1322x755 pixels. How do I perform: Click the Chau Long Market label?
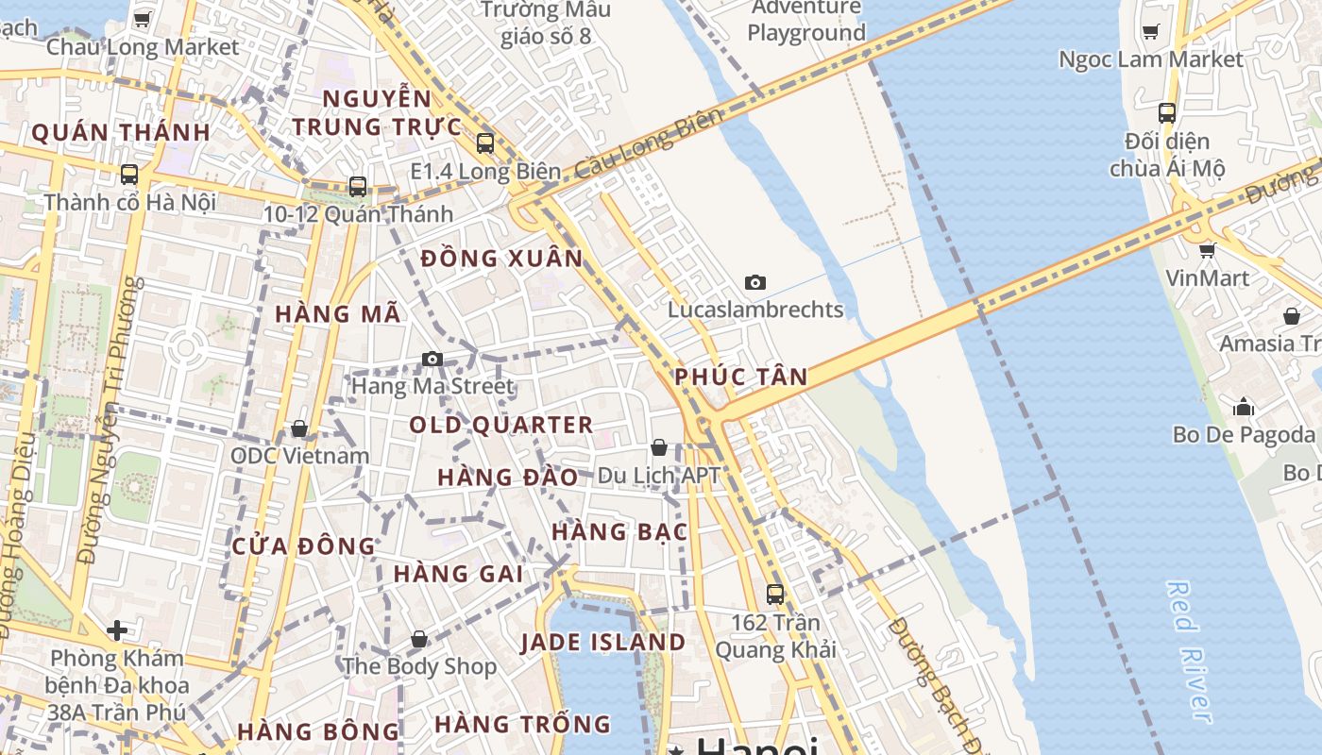pos(143,46)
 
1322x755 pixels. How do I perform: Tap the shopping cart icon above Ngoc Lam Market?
pos(1150,32)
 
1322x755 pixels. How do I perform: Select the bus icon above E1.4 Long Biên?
pos(485,143)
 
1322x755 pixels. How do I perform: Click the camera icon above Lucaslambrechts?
pos(754,282)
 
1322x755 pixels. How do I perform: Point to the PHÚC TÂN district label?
pos(741,377)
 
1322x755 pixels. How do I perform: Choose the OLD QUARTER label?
pos(501,426)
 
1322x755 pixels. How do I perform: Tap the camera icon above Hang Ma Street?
pos(432,359)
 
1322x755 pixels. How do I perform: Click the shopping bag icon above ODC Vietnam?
pos(299,429)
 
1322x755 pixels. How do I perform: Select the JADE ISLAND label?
pos(603,643)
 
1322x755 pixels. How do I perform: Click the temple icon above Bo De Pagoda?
pos(1244,407)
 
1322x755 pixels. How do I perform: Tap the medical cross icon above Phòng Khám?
pos(117,629)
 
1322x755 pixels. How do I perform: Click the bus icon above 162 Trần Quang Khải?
pos(775,595)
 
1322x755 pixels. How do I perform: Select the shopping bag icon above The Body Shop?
pos(419,639)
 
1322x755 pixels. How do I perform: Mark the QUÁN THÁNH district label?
pos(121,133)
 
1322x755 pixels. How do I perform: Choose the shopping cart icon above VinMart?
pos(1207,250)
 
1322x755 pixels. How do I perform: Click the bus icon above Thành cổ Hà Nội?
pos(129,175)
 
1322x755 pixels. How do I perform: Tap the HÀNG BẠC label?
pos(619,532)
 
